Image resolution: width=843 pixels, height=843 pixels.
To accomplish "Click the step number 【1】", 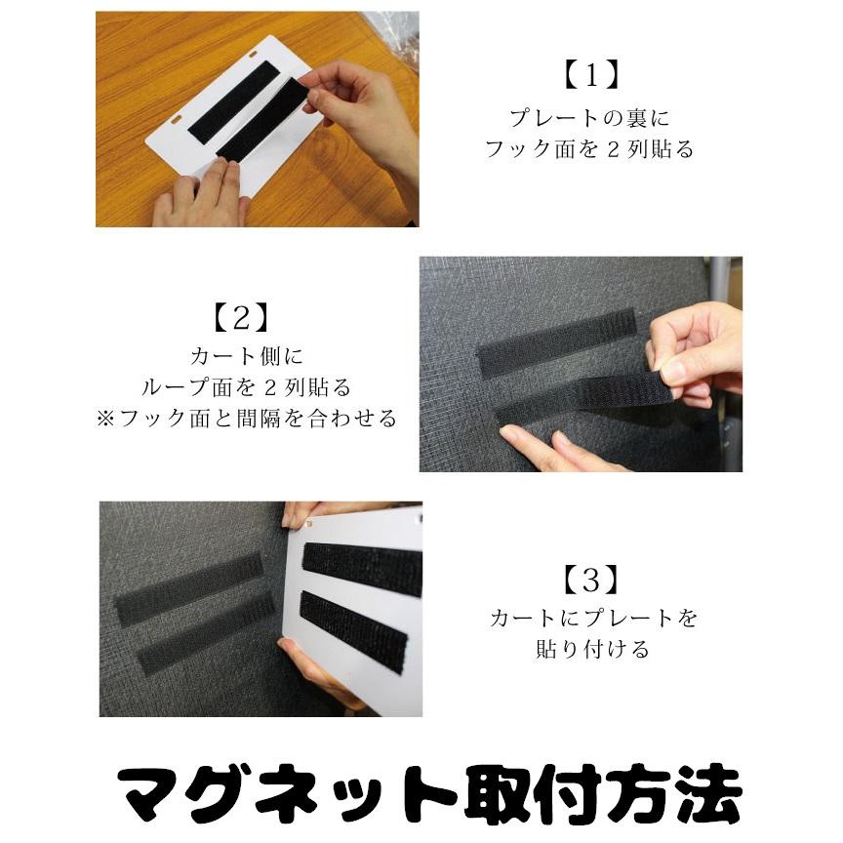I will coord(591,75).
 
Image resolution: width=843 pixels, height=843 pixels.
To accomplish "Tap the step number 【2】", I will coord(239,317).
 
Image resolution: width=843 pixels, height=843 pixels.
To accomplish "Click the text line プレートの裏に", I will coord(590,118).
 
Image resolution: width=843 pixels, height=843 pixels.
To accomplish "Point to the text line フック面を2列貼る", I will coord(590,150).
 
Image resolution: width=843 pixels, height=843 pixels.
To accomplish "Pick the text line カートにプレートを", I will coord(593,618).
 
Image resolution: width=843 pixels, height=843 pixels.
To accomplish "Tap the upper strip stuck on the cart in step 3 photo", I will coord(189,588).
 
